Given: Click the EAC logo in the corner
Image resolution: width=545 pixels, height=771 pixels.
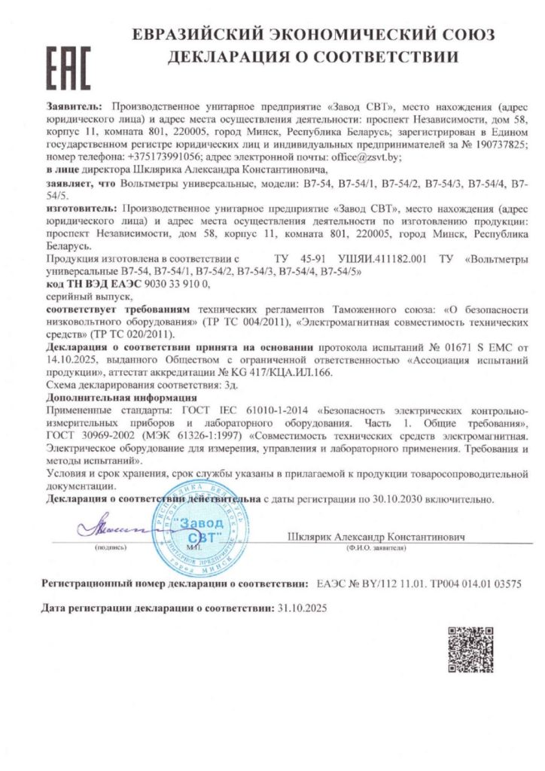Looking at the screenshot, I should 68,67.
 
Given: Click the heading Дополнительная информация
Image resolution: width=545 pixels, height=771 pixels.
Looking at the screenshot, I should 121,396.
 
